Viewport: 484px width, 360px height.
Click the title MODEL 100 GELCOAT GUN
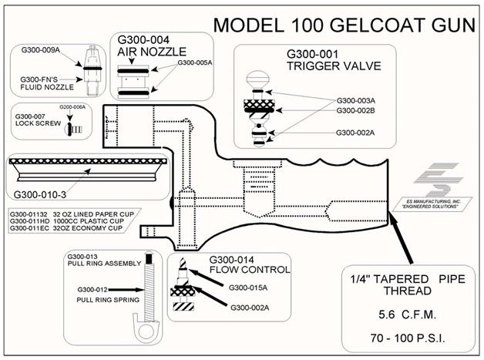click(x=345, y=25)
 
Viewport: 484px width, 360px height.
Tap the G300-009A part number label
click(x=40, y=50)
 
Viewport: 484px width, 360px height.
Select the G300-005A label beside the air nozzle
click(x=195, y=62)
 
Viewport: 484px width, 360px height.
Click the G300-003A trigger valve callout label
click(x=355, y=101)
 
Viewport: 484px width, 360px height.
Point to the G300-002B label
click(x=355, y=110)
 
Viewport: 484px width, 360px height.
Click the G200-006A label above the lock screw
click(x=72, y=107)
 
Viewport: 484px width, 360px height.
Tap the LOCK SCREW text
click(x=38, y=123)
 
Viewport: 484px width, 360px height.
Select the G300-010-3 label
click(x=40, y=195)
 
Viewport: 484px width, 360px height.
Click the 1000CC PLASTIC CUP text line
click(x=89, y=221)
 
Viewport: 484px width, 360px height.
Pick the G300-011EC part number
click(x=29, y=228)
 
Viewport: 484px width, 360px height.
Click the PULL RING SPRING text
click(x=108, y=300)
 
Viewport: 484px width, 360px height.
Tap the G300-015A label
click(x=248, y=288)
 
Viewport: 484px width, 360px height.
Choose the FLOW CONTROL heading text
click(x=250, y=270)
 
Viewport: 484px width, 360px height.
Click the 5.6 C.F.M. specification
click(x=408, y=315)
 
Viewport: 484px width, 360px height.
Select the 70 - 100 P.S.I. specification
click(x=408, y=338)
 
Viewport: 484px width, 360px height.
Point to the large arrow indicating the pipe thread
click(x=401, y=237)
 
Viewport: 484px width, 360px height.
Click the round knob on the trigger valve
click(x=257, y=78)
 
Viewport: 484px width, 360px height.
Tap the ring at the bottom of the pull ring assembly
click(x=146, y=331)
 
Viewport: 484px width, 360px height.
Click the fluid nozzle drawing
click(x=92, y=70)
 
